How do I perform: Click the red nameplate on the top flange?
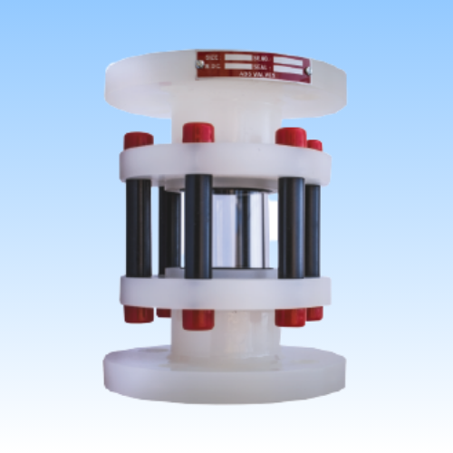click(253, 66)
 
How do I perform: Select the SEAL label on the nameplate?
click(261, 65)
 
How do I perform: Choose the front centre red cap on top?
click(198, 133)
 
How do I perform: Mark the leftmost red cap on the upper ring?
click(138, 140)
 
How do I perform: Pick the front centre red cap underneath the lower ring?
click(198, 320)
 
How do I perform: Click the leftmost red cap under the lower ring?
click(139, 314)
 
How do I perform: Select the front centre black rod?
click(198, 226)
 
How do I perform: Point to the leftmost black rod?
click(139, 226)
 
